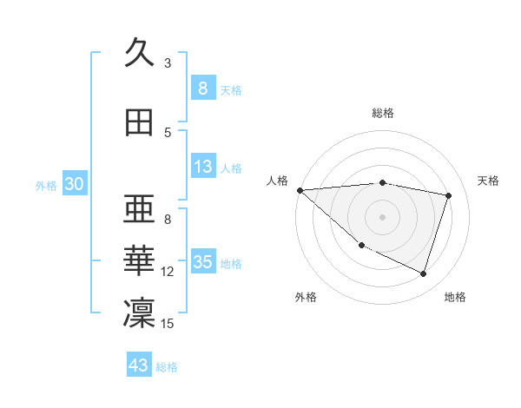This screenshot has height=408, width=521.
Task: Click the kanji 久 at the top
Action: tap(139, 53)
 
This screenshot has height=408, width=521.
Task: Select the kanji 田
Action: tap(139, 123)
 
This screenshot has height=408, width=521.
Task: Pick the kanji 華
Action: tap(139, 261)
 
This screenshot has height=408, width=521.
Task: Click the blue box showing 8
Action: tap(202, 89)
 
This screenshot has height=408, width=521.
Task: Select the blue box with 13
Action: tap(202, 168)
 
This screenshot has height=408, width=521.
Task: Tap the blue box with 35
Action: tap(203, 263)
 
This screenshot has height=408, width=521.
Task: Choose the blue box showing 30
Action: tap(74, 184)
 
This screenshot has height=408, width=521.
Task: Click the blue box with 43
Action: tap(139, 365)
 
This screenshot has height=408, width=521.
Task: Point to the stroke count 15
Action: tap(168, 324)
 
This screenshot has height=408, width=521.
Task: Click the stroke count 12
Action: tap(168, 272)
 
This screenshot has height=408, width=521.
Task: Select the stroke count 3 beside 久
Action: tap(168, 63)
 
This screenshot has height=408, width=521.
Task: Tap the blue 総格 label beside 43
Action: tap(168, 367)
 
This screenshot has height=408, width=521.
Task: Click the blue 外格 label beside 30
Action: tap(46, 185)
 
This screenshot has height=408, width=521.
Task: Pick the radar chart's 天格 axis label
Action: tap(488, 181)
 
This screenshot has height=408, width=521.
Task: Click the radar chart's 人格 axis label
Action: tap(278, 181)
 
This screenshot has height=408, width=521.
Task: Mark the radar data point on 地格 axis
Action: tap(423, 274)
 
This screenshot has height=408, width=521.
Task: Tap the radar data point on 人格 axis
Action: tap(300, 190)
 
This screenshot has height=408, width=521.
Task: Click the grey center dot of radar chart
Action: tap(382, 216)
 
